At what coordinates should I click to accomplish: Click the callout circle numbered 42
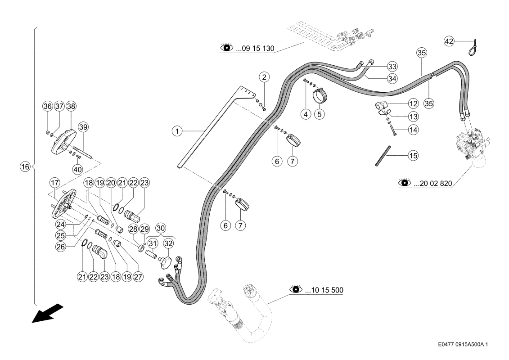click(449, 41)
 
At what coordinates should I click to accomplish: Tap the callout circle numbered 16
click(25, 167)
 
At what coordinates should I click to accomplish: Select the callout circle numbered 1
click(177, 131)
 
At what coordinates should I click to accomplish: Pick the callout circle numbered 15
click(413, 156)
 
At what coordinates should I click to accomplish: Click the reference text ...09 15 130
click(255, 49)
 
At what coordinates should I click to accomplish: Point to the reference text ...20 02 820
click(432, 184)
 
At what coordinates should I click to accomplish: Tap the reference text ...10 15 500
click(324, 290)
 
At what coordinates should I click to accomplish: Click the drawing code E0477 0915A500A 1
click(463, 344)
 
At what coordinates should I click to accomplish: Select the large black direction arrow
click(47, 313)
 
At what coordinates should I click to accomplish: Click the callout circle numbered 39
click(83, 127)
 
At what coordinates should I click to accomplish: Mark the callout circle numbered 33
click(392, 67)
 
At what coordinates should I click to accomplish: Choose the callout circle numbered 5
click(320, 114)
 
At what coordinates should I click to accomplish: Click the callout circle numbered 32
click(168, 243)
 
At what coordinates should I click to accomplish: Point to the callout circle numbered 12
click(413, 104)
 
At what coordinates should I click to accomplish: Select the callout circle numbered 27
click(138, 277)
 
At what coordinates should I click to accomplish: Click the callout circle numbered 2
click(264, 77)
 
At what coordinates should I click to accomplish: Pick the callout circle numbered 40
click(77, 169)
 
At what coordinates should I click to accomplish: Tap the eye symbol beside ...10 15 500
click(296, 288)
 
